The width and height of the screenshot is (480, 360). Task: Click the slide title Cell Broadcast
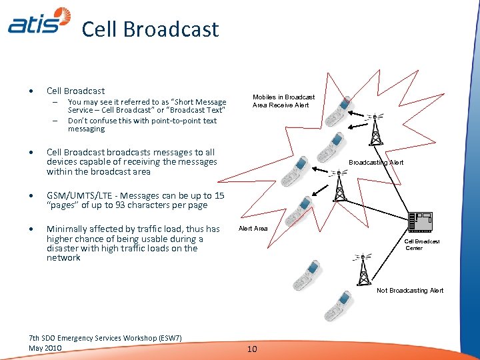pyautogui.click(x=150, y=29)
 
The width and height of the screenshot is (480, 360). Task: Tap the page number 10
pyautogui.click(x=252, y=349)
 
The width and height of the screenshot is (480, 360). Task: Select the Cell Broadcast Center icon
pyautogui.click(x=420, y=221)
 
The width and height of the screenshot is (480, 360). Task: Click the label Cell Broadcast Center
pyautogui.click(x=422, y=245)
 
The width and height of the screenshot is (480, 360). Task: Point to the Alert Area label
pyautogui.click(x=253, y=229)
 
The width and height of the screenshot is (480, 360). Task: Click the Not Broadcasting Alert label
pyautogui.click(x=410, y=290)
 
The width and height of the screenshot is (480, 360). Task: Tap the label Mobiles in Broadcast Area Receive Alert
pyautogui.click(x=283, y=101)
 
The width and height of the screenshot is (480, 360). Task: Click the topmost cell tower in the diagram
pyautogui.click(x=375, y=129)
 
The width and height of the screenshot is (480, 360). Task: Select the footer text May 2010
pyautogui.click(x=45, y=348)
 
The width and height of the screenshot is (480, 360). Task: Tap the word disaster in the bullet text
pyautogui.click(x=63, y=248)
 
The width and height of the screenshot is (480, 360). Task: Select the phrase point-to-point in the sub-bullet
pyautogui.click(x=176, y=121)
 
